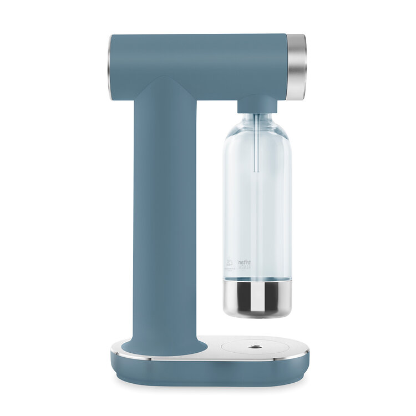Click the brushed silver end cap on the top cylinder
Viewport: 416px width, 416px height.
pyautogui.click(x=296, y=67)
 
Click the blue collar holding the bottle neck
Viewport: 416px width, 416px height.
pyautogui.click(x=256, y=104)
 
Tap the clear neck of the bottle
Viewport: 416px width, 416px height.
pyautogui.click(x=256, y=120)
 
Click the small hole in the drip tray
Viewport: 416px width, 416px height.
pyautogui.click(x=255, y=347)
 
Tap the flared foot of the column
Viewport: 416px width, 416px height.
pyautogui.click(x=161, y=344)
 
